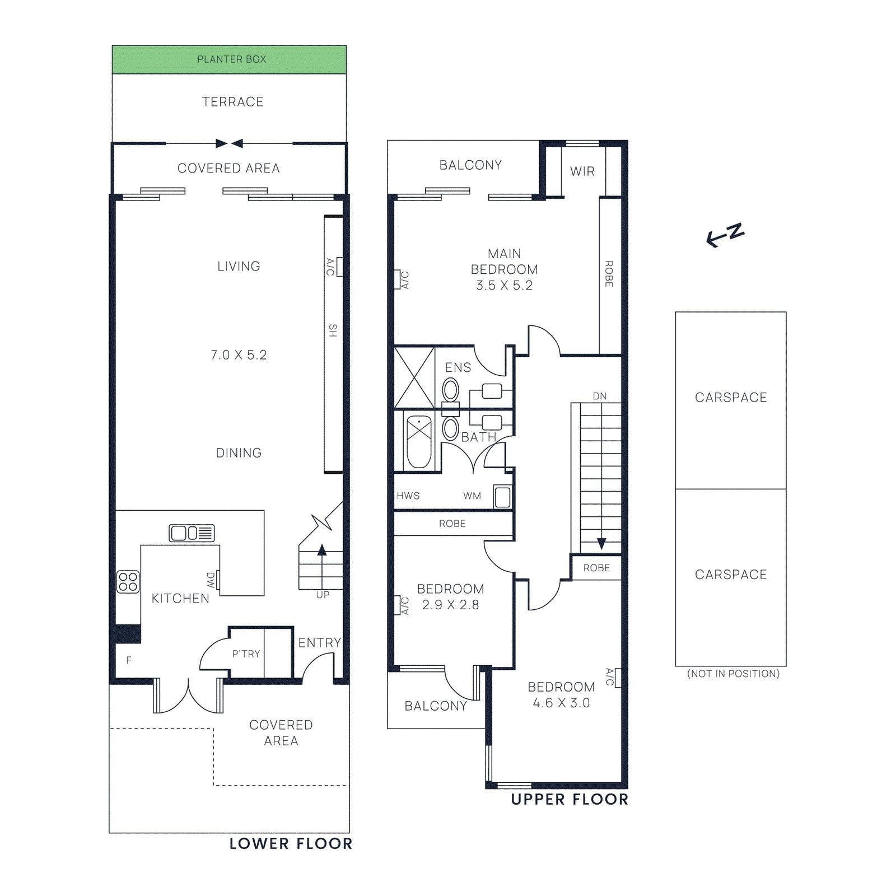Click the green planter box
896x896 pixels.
tap(229, 59)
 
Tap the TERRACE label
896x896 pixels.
tap(232, 102)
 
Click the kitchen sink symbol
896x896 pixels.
tap(192, 533)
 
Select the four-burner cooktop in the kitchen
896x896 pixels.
tap(128, 582)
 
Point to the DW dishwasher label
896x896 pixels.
tap(211, 580)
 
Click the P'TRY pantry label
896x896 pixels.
tap(246, 654)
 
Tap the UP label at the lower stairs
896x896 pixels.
tap(323, 595)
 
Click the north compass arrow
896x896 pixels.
tap(725, 235)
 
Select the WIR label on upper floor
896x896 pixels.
tap(582, 171)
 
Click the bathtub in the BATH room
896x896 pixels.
tap(419, 441)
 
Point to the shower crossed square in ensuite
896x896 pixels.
tap(414, 377)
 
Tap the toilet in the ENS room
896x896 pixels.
tap(450, 391)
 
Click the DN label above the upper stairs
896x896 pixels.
tap(599, 396)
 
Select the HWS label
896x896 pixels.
tap(408, 496)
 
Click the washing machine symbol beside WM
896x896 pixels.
tap(502, 497)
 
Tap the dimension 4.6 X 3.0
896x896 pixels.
tap(561, 703)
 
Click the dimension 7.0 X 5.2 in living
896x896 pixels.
tap(239, 355)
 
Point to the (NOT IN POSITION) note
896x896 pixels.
tap(733, 674)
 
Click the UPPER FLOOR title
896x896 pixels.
tap(570, 800)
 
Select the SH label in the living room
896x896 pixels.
tap(333, 330)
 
